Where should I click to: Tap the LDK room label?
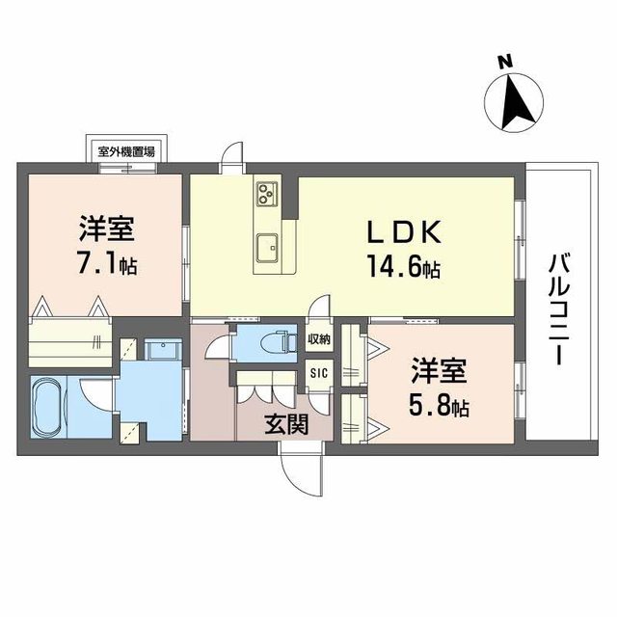[x=404, y=232]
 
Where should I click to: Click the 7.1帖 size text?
[x=107, y=263]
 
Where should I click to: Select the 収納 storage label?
[x=319, y=338]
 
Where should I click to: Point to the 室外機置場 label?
[x=127, y=151]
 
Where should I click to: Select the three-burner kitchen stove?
[x=267, y=194]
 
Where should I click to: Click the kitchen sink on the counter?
[x=267, y=247]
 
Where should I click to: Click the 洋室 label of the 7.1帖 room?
[x=106, y=229]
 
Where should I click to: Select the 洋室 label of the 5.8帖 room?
[x=441, y=370]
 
